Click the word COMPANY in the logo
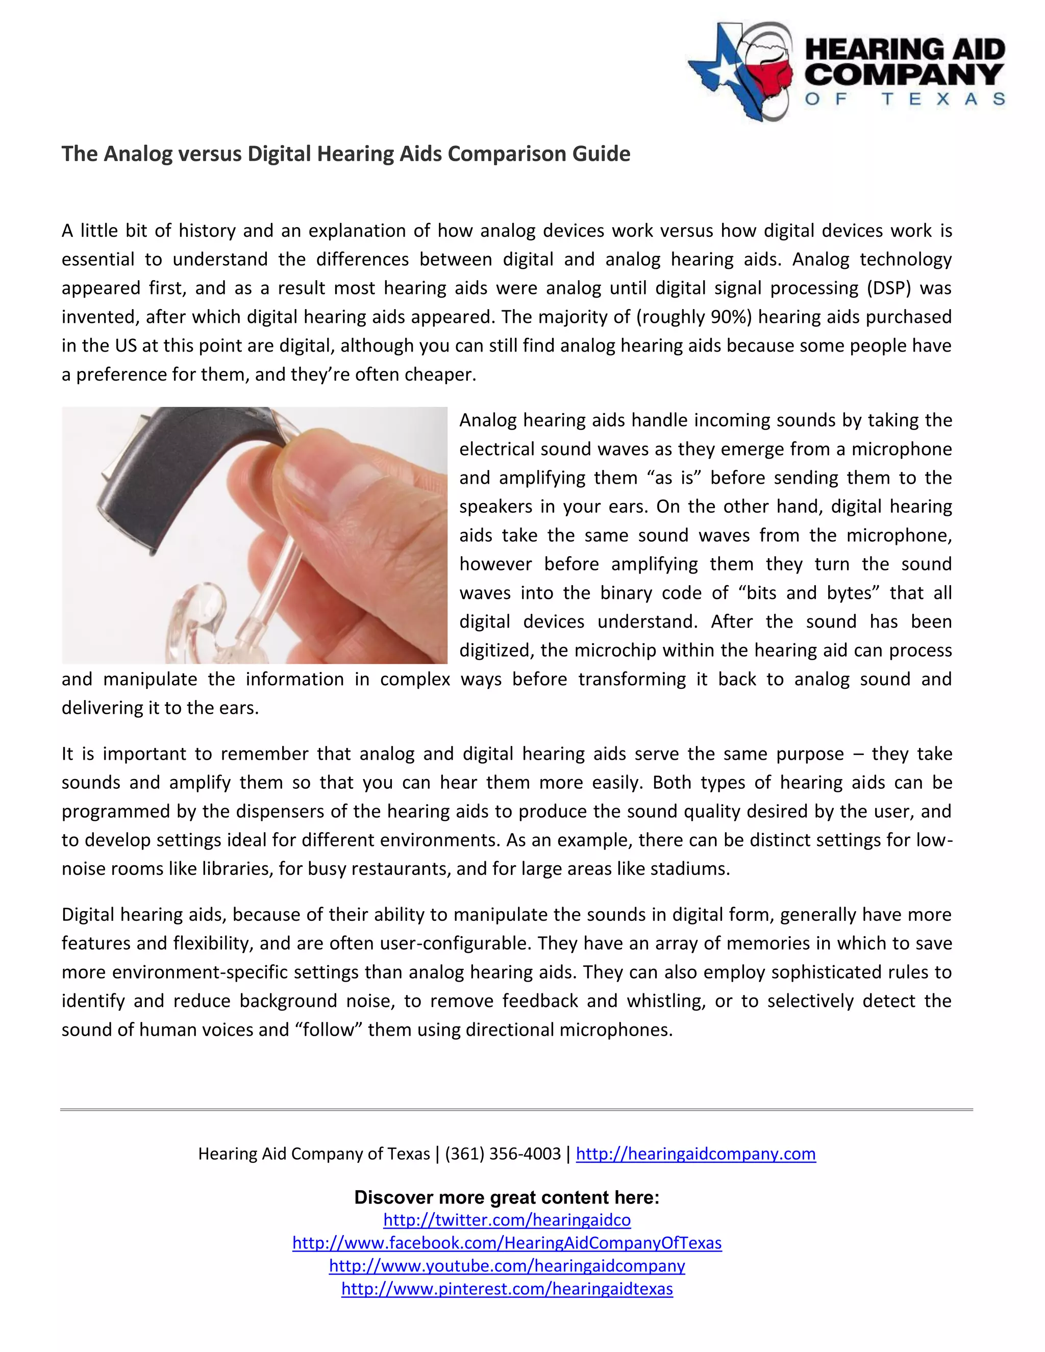tap(904, 75)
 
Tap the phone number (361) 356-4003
tap(503, 1154)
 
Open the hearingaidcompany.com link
tap(695, 1154)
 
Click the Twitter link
tap(507, 1220)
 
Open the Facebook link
tap(507, 1243)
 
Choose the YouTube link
tap(507, 1266)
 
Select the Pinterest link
tap(507, 1289)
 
